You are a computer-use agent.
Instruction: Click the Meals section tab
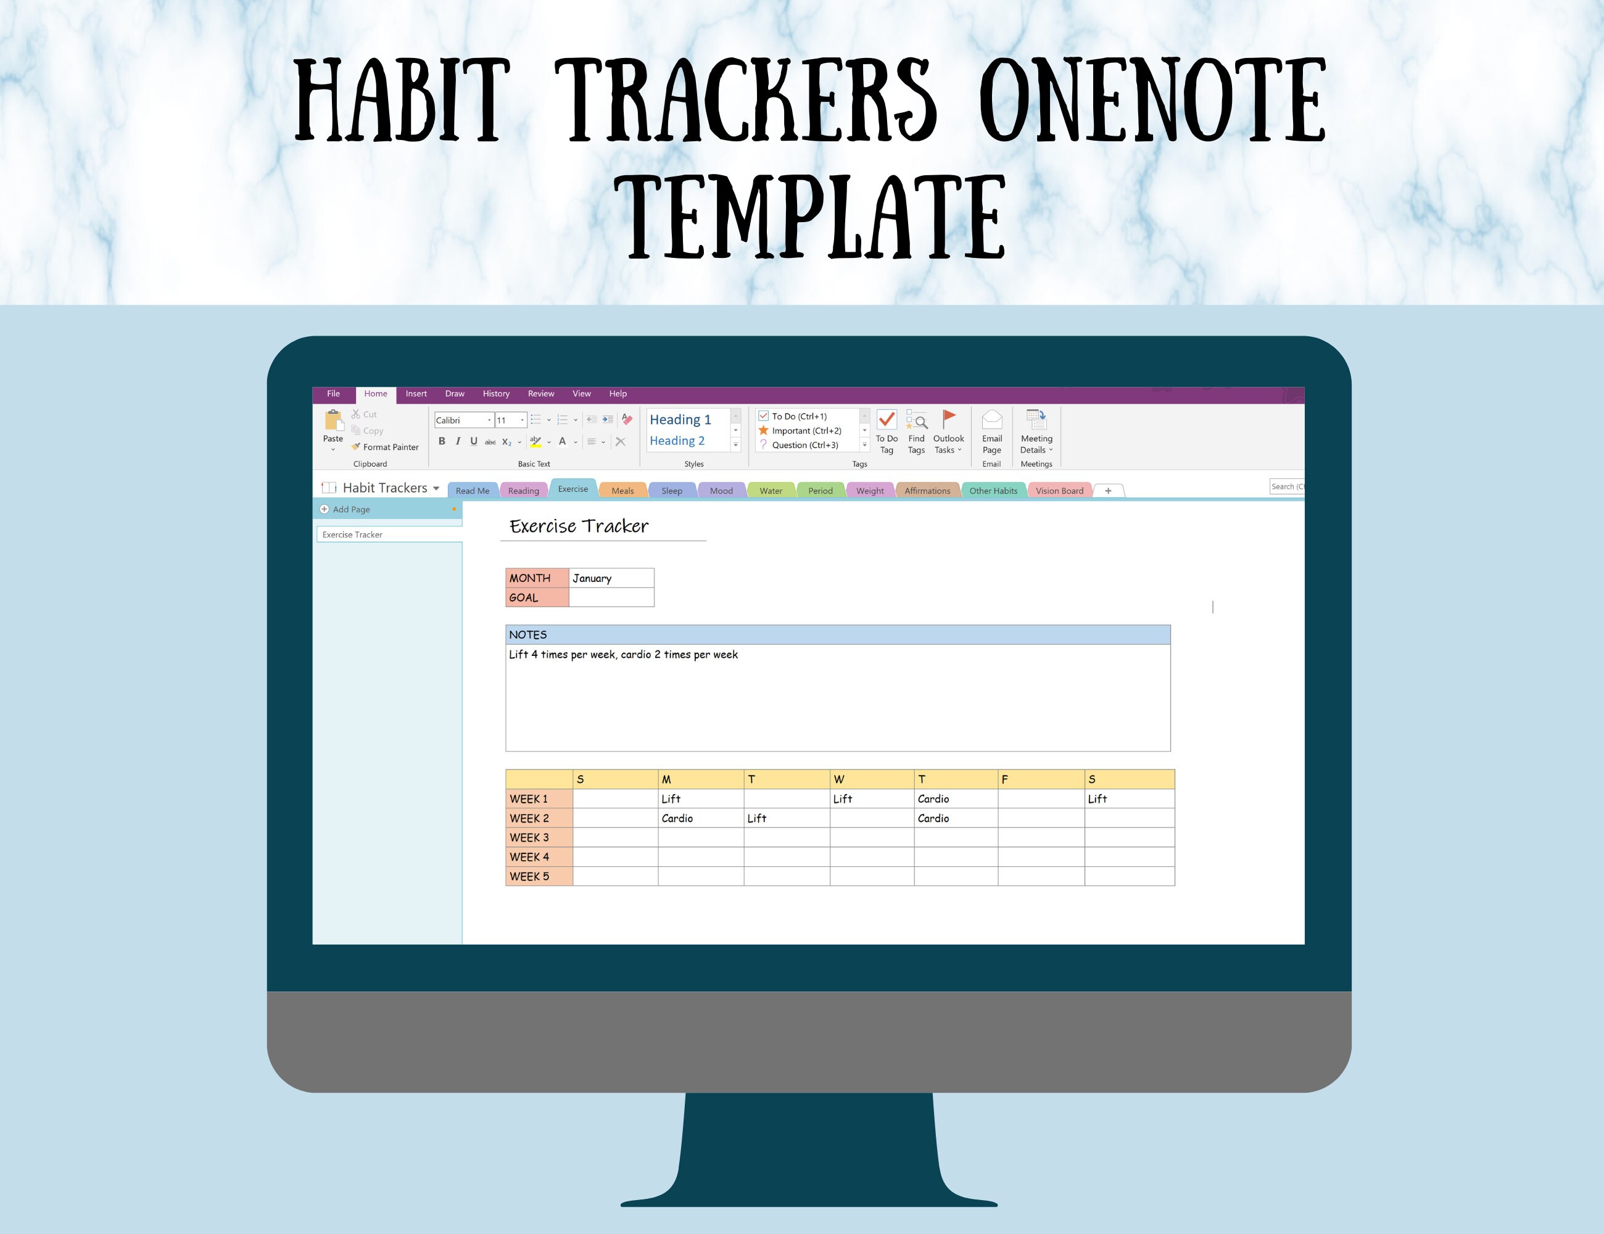(622, 491)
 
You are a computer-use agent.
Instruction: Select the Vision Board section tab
(1059, 491)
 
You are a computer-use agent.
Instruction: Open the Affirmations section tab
(927, 491)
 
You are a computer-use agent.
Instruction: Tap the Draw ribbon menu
(455, 394)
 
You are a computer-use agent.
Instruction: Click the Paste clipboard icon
(333, 421)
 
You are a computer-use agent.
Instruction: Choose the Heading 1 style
(680, 420)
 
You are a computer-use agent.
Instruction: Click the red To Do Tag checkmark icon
(887, 420)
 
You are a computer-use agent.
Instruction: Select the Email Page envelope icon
(991, 420)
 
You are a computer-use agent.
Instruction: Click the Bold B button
(441, 441)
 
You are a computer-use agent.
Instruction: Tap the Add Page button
(350, 509)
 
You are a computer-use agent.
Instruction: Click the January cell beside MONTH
(611, 578)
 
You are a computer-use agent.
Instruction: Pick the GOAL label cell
(537, 598)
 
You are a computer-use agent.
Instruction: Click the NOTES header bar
(837, 635)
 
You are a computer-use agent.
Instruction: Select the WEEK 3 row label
(539, 837)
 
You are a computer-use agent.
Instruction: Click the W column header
(871, 779)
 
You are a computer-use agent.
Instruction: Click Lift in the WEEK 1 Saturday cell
(1098, 799)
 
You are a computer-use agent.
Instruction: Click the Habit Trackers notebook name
(385, 487)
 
